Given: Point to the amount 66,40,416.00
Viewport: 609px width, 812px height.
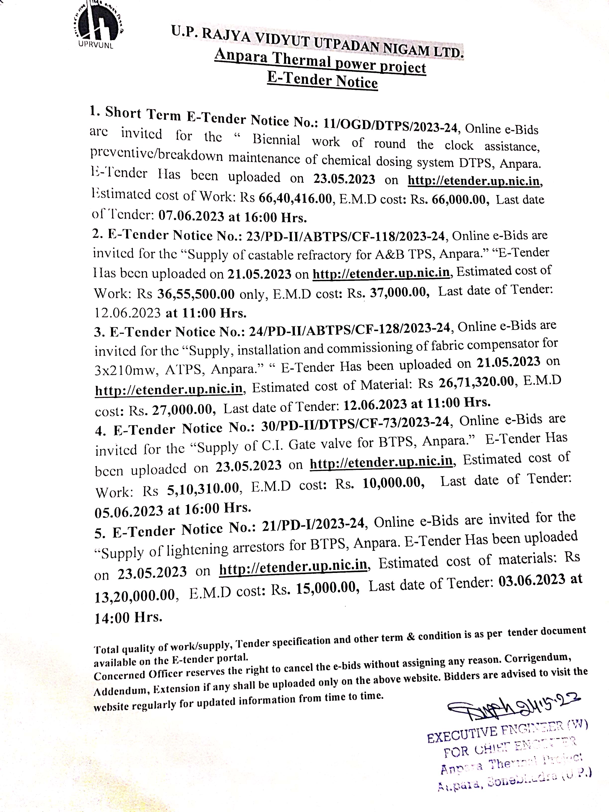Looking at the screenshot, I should point(295,198).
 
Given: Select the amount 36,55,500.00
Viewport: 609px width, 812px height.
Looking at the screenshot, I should point(196,294).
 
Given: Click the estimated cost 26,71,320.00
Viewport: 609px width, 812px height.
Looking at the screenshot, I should point(476,383).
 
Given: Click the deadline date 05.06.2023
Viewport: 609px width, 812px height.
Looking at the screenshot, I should point(128,511).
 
